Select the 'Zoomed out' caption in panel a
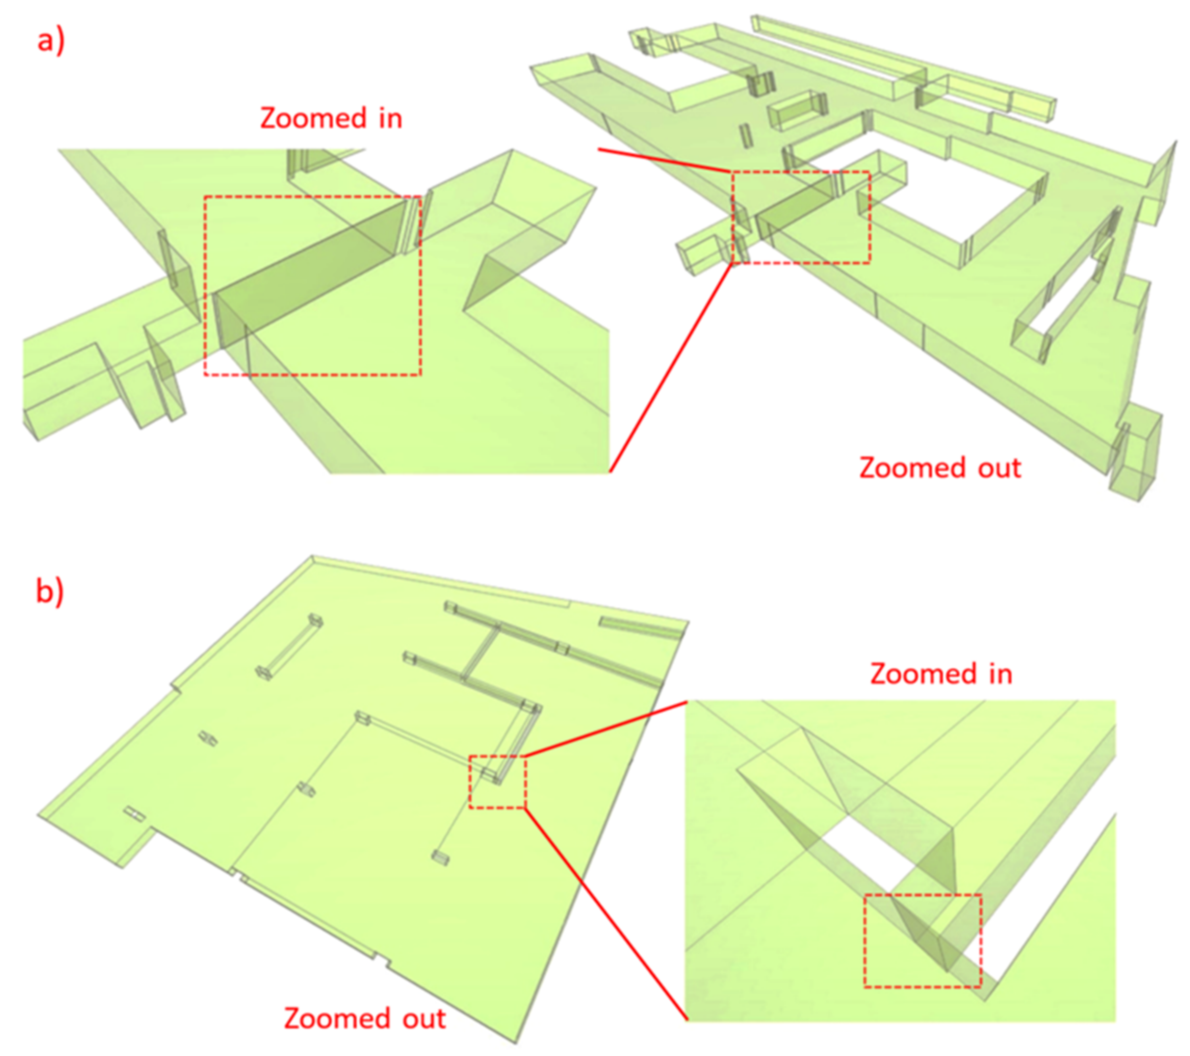(x=940, y=468)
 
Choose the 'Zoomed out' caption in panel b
(x=365, y=1018)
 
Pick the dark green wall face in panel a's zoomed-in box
(x=309, y=273)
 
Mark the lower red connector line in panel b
(x=606, y=914)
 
